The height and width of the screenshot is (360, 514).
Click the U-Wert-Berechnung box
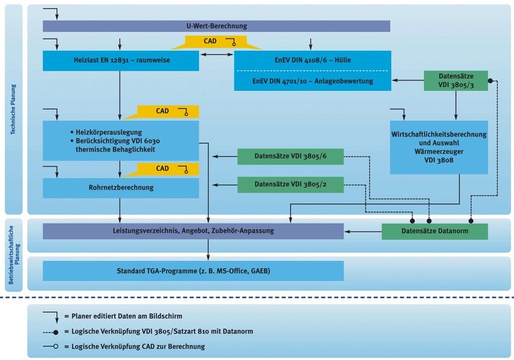pyautogui.click(x=216, y=26)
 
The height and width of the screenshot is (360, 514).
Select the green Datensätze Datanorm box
pyautogui.click(x=434, y=231)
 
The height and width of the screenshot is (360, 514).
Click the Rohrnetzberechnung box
pyautogui.click(x=120, y=188)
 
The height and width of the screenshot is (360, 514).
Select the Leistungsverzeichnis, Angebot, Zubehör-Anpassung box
pyautogui.click(x=193, y=231)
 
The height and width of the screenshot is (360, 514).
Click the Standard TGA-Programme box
pyautogui.click(x=193, y=271)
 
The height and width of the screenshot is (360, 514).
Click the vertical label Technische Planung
pyautogui.click(x=13, y=109)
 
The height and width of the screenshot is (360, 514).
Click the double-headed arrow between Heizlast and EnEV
pyautogui.click(x=212, y=54)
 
